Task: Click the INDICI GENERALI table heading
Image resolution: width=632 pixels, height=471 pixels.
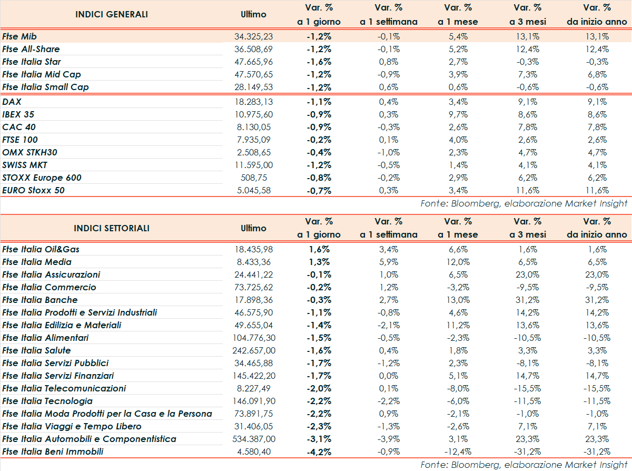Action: (x=112, y=14)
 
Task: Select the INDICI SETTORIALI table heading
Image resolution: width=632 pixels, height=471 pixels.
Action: (x=112, y=228)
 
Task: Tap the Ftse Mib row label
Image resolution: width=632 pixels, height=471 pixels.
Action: (x=19, y=36)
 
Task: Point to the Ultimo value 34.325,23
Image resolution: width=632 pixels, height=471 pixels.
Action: (x=254, y=36)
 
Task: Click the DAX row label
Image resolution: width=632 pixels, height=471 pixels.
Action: (x=12, y=102)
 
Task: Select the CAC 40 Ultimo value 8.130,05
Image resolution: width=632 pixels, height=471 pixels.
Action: (x=254, y=127)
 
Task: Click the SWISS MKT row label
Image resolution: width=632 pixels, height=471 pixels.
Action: (x=25, y=165)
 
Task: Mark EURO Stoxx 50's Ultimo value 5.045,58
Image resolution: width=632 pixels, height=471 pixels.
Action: (x=254, y=190)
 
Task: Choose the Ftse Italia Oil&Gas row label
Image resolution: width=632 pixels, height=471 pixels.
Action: (x=41, y=249)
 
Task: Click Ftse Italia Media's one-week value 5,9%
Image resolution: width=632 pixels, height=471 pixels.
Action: (x=389, y=262)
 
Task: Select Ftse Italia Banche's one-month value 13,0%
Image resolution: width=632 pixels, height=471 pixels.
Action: (x=458, y=300)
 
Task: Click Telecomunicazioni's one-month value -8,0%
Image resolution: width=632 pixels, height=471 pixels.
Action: (x=458, y=388)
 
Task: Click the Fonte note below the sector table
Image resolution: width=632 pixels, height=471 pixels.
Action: (x=524, y=465)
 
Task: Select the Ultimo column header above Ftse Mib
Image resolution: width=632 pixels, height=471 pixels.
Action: (x=253, y=14)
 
